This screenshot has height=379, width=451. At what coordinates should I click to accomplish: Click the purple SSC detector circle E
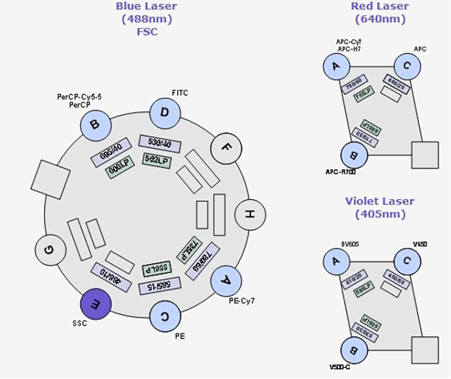pyautogui.click(x=96, y=305)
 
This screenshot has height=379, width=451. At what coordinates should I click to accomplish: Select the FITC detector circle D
pyautogui.click(x=164, y=112)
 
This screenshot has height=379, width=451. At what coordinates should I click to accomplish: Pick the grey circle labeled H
pyautogui.click(x=249, y=214)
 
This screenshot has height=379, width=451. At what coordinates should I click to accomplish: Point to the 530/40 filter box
pyautogui.click(x=159, y=143)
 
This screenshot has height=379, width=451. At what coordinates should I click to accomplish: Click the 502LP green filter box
pyautogui.click(x=157, y=160)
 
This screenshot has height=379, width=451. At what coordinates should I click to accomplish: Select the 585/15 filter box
pyautogui.click(x=160, y=285)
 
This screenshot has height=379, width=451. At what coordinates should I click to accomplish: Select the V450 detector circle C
pyautogui.click(x=408, y=262)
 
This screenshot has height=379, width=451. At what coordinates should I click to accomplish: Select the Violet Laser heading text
pyautogui.click(x=380, y=201)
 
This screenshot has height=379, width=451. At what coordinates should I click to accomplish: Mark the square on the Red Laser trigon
pyautogui.click(x=425, y=155)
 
